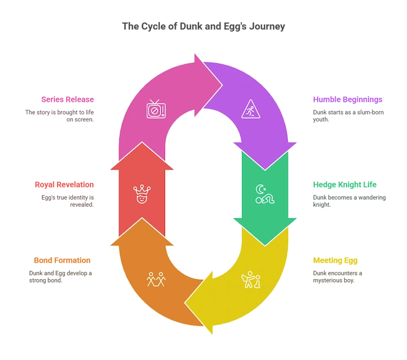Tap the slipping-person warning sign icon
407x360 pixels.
[250, 109]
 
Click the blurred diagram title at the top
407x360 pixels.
[203, 25]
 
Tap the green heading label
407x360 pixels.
[345, 185]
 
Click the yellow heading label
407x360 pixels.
[336, 261]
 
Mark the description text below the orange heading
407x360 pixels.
[59, 275]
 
